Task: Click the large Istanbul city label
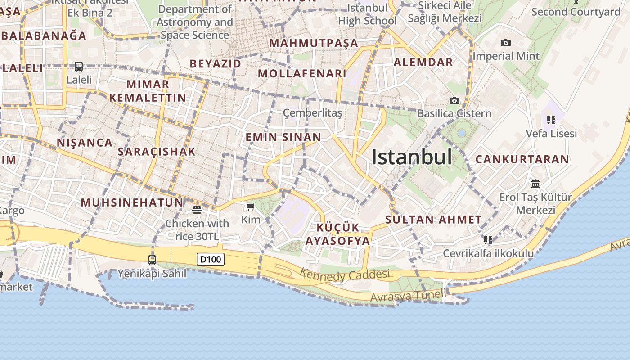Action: pos(412,157)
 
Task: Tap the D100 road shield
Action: pos(211,259)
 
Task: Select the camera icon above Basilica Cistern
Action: pos(454,100)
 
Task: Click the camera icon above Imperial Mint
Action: pos(506,43)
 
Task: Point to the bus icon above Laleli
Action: pos(79,67)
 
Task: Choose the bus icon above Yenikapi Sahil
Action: pos(152,260)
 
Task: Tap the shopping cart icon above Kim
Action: pos(251,207)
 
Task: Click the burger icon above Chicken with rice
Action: pos(197,210)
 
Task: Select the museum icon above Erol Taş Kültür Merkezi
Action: pos(535,184)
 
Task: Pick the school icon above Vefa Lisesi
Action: pos(551,120)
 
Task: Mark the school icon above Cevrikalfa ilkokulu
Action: pos(488,240)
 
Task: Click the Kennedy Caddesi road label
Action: pos(345,274)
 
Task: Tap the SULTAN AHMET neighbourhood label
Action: pos(433,220)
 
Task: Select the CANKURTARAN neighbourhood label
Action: pos(522,159)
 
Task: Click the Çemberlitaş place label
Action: pos(312,113)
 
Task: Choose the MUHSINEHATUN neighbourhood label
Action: pos(133,202)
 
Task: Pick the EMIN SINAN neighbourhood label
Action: pos(283,137)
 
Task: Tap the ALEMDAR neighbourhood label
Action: pos(423,63)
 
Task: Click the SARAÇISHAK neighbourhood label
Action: pos(157,152)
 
